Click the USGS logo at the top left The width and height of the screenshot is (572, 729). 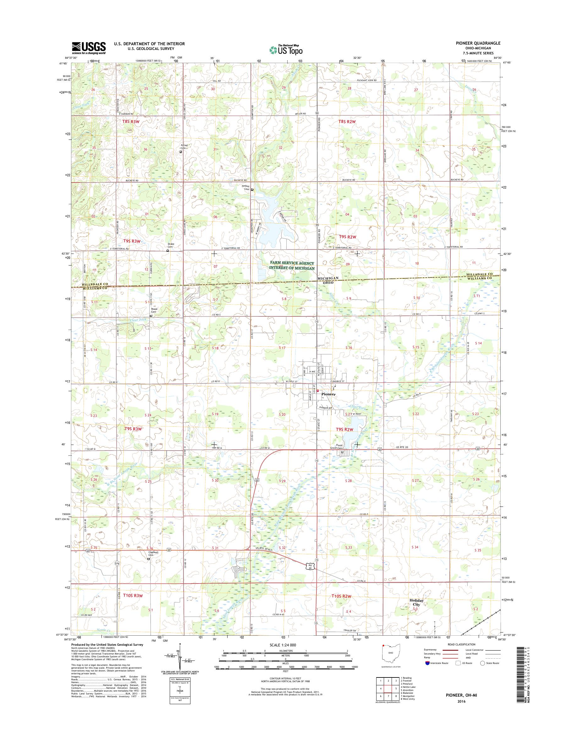pyautogui.click(x=89, y=48)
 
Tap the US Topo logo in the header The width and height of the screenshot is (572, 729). pyautogui.click(x=286, y=49)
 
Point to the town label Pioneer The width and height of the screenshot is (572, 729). pyautogui.click(x=328, y=394)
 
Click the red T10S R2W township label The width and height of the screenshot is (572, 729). pyautogui.click(x=342, y=596)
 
